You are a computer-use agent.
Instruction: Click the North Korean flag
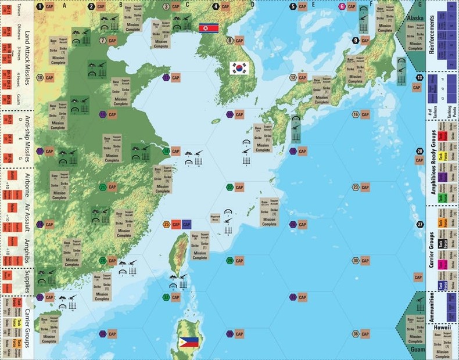(x=208, y=28)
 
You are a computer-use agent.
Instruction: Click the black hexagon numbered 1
(x=40, y=6)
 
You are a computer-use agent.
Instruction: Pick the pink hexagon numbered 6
(x=342, y=6)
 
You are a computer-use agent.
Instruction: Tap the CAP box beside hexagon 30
(x=365, y=261)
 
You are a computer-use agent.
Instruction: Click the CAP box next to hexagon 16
(x=365, y=114)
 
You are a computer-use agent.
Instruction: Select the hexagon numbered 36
(x=356, y=334)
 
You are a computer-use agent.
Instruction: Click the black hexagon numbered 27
(x=420, y=224)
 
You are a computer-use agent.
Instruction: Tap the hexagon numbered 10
(x=40, y=77)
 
